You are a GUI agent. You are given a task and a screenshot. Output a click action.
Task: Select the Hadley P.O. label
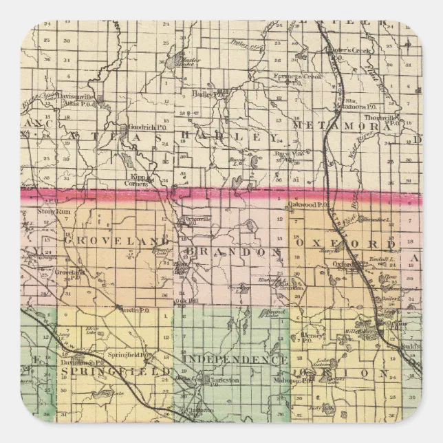[213, 95]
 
